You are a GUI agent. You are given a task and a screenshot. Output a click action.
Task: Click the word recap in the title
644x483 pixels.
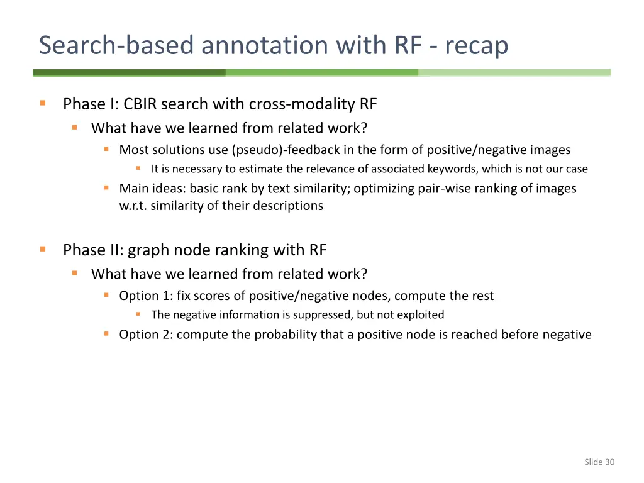click(476, 45)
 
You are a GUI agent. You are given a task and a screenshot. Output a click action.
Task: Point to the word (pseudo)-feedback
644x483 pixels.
click(280, 150)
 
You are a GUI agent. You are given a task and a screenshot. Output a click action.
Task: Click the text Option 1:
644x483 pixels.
click(146, 296)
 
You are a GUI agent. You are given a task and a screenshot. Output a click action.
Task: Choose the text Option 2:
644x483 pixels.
click(146, 335)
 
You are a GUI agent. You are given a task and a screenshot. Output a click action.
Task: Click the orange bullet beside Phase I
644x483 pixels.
click(43, 103)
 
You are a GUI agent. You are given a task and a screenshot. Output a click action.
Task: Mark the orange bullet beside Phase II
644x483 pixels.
click(43, 250)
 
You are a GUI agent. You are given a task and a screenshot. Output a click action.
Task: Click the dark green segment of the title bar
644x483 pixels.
click(129, 72)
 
